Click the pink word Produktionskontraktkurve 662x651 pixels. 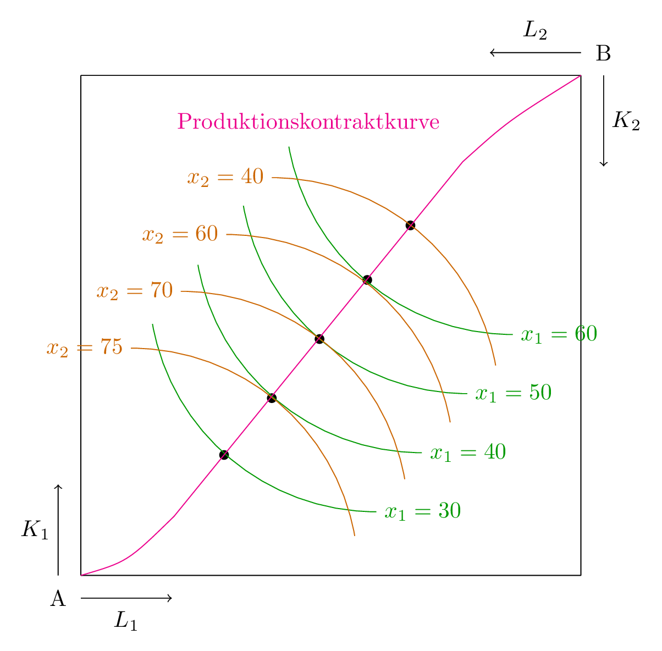(x=308, y=122)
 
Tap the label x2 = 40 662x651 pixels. (x=225, y=177)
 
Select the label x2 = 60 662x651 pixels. (x=180, y=234)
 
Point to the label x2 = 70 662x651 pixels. (x=135, y=291)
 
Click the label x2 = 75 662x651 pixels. (x=84, y=348)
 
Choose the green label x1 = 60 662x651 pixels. (x=559, y=334)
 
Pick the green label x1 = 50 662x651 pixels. (x=513, y=393)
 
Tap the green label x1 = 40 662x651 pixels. (x=467, y=452)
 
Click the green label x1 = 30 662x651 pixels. (x=422, y=511)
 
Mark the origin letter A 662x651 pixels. (x=58, y=598)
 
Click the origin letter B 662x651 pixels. (x=603, y=54)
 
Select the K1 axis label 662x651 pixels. (x=35, y=529)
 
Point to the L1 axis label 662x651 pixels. (x=125, y=621)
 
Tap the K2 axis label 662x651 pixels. (x=626, y=120)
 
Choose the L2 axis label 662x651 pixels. (x=534, y=30)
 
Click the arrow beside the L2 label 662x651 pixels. (x=535, y=53)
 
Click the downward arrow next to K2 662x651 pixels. (x=604, y=120)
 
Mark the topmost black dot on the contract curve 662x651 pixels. (x=410, y=225)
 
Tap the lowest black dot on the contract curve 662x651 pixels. (x=224, y=455)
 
